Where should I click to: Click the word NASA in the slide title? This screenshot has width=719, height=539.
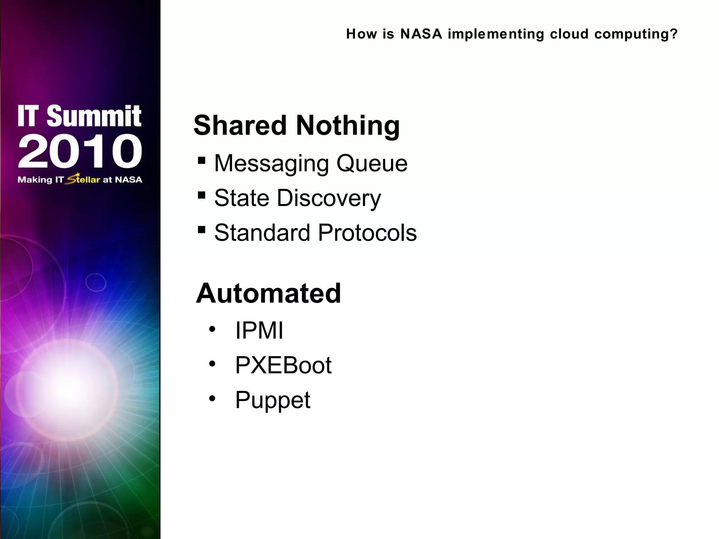(421, 34)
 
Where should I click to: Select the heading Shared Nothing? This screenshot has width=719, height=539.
(297, 125)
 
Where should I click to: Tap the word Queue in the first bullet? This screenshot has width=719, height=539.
(372, 164)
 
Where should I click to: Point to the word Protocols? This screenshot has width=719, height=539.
(367, 233)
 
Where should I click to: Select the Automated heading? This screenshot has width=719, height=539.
(269, 293)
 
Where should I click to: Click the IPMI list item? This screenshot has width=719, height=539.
(259, 330)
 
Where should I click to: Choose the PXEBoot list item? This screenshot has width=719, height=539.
(283, 365)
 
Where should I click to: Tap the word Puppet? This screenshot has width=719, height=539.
(273, 400)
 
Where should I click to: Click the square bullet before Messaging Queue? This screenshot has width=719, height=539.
(202, 161)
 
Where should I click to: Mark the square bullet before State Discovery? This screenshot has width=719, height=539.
(202, 195)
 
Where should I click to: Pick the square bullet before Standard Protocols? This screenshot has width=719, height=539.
(202, 230)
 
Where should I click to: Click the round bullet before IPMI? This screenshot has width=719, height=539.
(212, 330)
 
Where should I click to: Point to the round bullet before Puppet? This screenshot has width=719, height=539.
(212, 399)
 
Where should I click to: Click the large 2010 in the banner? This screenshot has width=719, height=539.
(80, 151)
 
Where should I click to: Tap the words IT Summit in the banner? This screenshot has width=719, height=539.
(79, 116)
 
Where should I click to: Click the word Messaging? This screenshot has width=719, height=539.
(271, 164)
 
